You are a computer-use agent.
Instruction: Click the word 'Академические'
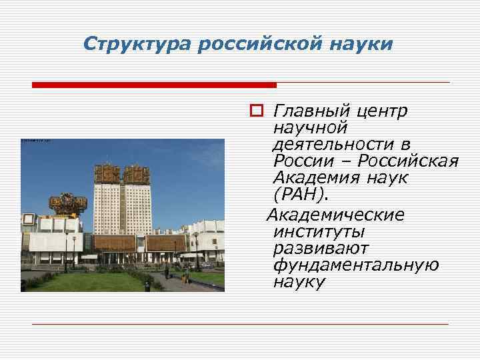(335, 215)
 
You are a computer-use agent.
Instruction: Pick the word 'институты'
(318, 231)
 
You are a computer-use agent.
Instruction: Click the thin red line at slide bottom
(240, 325)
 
